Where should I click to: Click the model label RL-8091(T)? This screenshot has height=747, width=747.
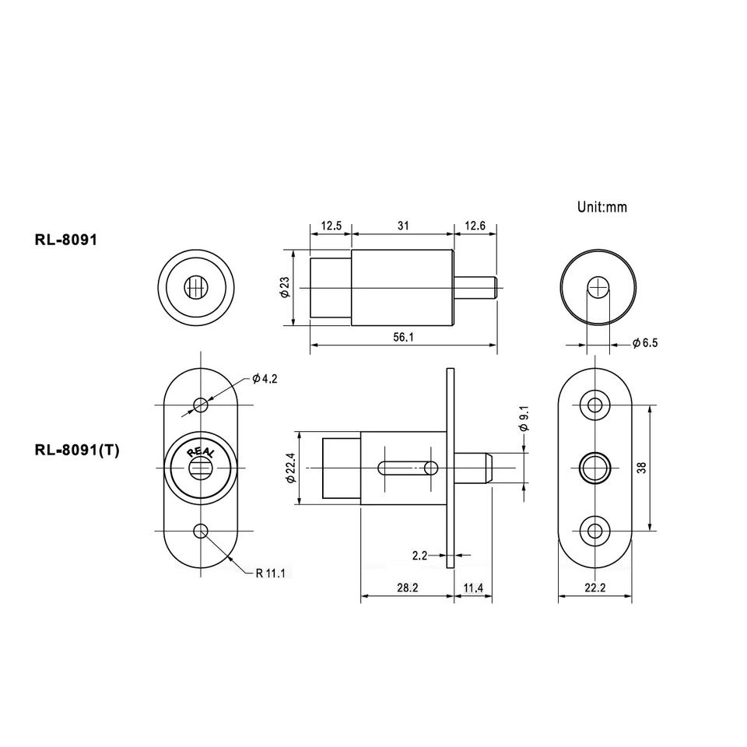tap(76, 450)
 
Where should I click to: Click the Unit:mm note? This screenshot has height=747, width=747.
tap(601, 207)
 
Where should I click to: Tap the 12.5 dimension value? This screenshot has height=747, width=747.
tap(331, 226)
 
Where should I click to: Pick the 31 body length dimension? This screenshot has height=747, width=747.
tap(403, 226)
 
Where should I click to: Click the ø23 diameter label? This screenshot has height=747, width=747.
tap(284, 288)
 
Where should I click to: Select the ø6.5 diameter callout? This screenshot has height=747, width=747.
tap(645, 343)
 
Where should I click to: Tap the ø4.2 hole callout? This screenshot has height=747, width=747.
tap(265, 378)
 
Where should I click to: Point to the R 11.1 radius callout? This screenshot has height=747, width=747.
tap(271, 573)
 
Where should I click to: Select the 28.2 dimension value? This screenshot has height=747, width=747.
tap(406, 588)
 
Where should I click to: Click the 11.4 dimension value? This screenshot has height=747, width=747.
tap(474, 588)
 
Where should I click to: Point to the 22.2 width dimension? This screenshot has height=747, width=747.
tap(594, 588)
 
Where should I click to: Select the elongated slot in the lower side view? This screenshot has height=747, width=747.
tap(408, 468)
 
